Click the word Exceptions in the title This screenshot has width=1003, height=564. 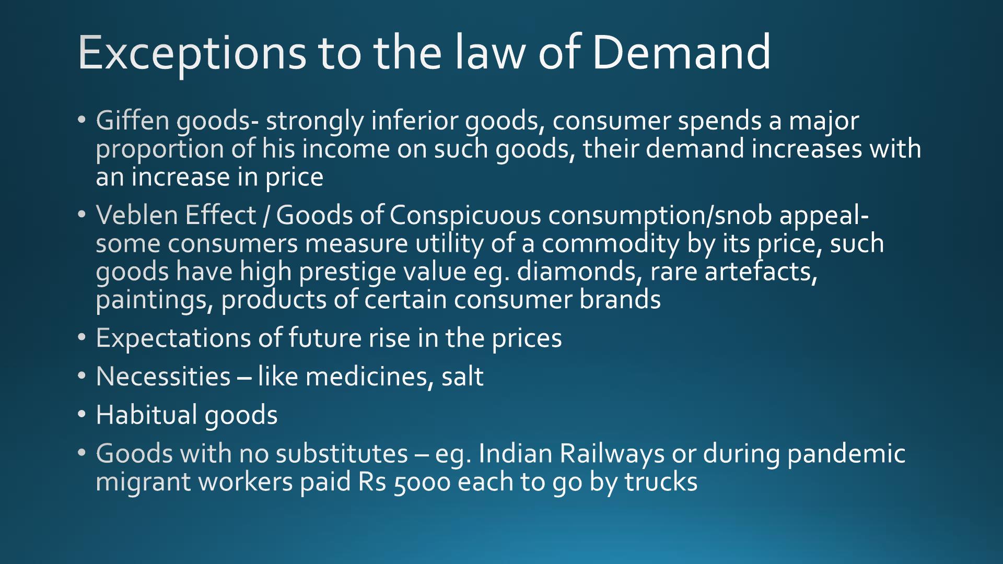[x=192, y=53]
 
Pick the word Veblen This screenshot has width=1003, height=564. [x=137, y=215]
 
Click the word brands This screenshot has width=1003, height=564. [x=620, y=300]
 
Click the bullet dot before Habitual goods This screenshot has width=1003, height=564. [x=82, y=415]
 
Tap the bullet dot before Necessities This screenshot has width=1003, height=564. [x=82, y=376]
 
